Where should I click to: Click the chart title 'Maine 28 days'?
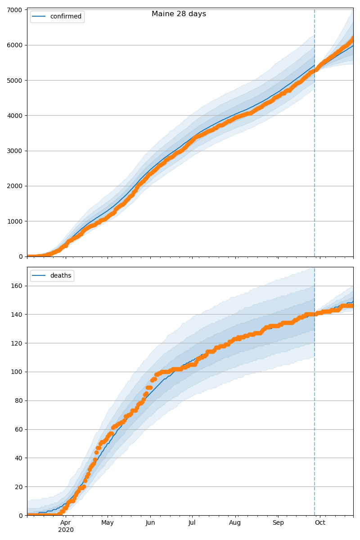click(x=179, y=14)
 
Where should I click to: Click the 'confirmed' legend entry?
click(x=66, y=17)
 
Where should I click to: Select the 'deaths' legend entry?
click(x=60, y=275)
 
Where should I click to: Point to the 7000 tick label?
click(x=17, y=10)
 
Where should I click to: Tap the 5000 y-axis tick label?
click(x=17, y=80)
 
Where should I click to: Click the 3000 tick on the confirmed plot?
click(x=17, y=151)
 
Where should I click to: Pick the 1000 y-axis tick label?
click(x=17, y=221)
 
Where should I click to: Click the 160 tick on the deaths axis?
click(x=18, y=286)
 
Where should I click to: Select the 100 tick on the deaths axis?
click(x=18, y=372)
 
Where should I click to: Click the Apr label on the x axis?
click(x=66, y=522)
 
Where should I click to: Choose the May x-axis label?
click(x=108, y=522)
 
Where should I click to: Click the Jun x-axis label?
click(x=150, y=522)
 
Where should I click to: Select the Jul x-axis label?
click(x=192, y=522)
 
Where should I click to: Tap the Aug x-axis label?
click(x=235, y=522)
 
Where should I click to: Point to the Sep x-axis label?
click(x=278, y=522)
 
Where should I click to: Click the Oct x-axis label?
click(x=320, y=522)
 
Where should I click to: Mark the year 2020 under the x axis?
click(x=66, y=530)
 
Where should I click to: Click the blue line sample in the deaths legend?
click(x=40, y=275)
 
